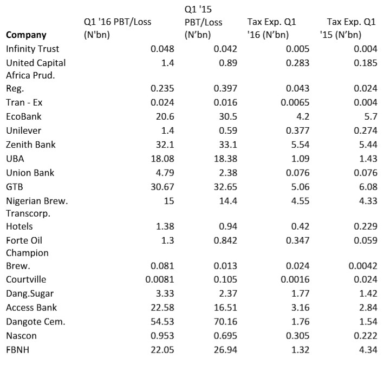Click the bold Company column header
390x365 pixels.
(x=26, y=35)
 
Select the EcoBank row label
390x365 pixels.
(x=24, y=116)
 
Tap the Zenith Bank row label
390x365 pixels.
(x=30, y=145)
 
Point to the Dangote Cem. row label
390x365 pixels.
(x=36, y=322)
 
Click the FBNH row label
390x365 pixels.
(x=18, y=350)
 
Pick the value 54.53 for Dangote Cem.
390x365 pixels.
(x=162, y=322)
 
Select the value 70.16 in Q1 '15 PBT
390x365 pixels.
(x=225, y=322)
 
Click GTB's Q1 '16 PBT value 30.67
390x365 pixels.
(x=162, y=187)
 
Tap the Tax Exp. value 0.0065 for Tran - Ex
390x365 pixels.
(x=295, y=102)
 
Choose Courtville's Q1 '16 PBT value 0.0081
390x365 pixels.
(x=160, y=279)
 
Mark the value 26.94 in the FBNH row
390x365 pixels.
(x=225, y=350)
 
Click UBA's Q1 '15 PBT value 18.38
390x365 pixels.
(x=225, y=159)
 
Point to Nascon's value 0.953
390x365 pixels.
(x=162, y=336)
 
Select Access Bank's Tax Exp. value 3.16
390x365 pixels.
(x=301, y=308)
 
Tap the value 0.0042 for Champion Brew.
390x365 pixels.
(x=363, y=266)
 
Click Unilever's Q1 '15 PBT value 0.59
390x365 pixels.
(x=228, y=131)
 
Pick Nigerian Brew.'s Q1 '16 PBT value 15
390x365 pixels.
(x=169, y=201)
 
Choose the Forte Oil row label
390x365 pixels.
(x=24, y=240)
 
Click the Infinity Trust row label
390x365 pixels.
(x=32, y=49)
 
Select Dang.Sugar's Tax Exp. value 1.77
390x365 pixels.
(x=301, y=294)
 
